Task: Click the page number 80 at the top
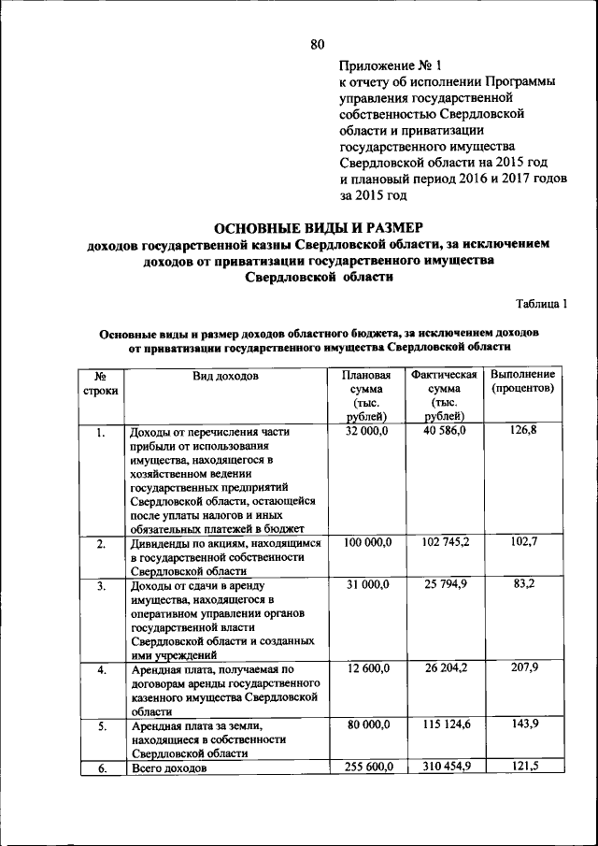pyautogui.click(x=317, y=43)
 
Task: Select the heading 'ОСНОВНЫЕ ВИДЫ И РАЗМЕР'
pyautogui.click(x=319, y=227)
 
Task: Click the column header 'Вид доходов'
pyautogui.click(x=225, y=376)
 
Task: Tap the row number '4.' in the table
pyautogui.click(x=100, y=669)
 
